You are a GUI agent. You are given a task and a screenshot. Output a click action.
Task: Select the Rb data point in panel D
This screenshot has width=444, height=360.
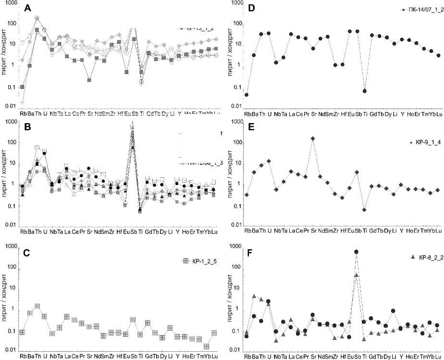[x=247, y=95]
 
